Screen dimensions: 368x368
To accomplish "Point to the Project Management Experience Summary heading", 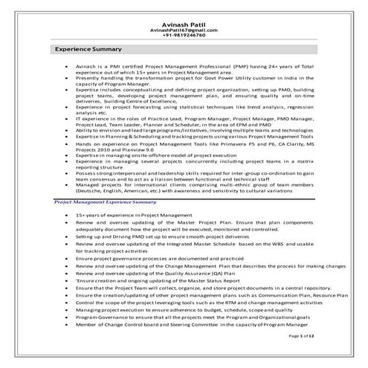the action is (105, 201).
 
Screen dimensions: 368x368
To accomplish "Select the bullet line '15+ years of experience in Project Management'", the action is (127, 215).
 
